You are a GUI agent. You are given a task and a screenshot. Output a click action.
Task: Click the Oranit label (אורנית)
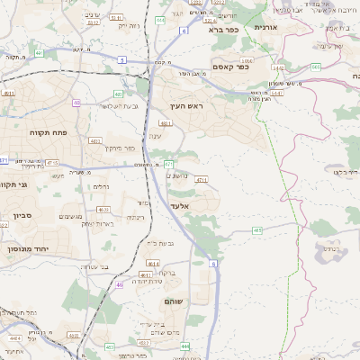pyautogui.click(x=270, y=29)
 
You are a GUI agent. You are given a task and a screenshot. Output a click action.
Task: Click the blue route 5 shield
pyautogui.click(x=121, y=58)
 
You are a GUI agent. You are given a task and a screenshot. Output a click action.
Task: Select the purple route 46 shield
pyautogui.click(x=119, y=284)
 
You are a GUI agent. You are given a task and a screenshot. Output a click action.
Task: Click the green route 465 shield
pyautogui.click(x=257, y=230)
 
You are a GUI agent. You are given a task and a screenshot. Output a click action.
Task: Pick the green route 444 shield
pyautogui.click(x=184, y=346)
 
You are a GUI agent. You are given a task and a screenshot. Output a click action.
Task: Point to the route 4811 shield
pyautogui.click(x=166, y=123)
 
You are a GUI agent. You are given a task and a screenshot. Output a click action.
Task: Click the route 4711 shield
pyautogui.click(x=201, y=180)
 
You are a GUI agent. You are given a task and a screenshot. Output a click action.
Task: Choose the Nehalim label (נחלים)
pyautogui.click(x=102, y=186)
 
